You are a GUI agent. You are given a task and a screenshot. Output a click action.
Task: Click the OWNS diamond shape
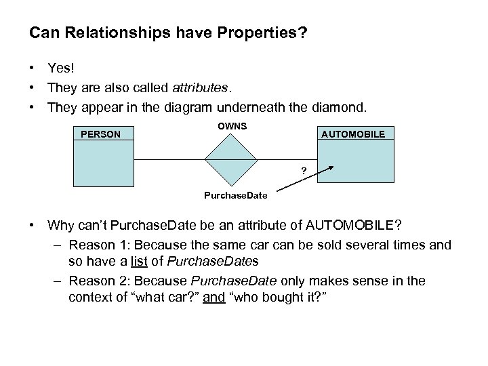pos(232,159)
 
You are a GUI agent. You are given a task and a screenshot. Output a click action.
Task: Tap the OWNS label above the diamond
pos(232,127)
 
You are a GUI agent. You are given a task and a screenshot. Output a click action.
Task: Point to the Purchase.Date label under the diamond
pos(236,196)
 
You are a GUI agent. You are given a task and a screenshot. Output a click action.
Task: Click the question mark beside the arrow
pos(303,169)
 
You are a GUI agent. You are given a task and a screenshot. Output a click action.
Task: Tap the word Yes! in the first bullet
pos(60,67)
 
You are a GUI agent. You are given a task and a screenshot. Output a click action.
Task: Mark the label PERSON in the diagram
pos(100,134)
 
